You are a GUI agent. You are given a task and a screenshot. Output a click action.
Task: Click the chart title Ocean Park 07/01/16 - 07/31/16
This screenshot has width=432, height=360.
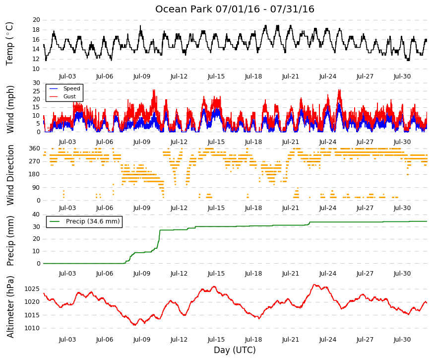click(235, 9)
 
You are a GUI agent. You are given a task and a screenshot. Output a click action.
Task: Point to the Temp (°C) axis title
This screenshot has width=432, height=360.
click(9, 44)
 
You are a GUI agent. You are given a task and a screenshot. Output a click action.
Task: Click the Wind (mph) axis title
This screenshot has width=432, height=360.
click(10, 110)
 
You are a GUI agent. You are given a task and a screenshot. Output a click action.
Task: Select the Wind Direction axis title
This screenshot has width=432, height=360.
click(10, 175)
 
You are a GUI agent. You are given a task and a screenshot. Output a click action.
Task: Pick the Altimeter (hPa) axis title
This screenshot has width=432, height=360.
click(10, 307)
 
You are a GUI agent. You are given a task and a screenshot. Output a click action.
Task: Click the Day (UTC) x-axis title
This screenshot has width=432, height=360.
click(235, 350)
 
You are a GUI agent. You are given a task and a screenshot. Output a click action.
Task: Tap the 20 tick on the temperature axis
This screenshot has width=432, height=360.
click(36, 20)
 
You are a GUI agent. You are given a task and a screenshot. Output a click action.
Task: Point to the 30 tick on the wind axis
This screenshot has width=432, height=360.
click(36, 83)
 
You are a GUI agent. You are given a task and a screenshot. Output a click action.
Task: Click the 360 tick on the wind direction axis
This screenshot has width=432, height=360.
click(34, 148)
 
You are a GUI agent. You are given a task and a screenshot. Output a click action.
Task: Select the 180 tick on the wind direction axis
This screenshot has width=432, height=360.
click(34, 174)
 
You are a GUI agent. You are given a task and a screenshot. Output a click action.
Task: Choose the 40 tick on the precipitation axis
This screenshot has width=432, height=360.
click(36, 215)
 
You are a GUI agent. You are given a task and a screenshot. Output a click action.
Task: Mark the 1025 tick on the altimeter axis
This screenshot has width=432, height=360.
click(32, 289)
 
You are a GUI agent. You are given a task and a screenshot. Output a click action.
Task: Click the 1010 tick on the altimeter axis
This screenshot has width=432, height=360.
click(32, 328)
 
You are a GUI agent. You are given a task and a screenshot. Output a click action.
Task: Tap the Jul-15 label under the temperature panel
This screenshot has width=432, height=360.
click(216, 76)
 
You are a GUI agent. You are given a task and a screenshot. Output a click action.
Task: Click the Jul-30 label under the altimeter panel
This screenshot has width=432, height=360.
click(402, 340)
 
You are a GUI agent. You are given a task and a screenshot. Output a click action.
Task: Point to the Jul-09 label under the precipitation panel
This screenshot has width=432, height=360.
click(142, 274)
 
